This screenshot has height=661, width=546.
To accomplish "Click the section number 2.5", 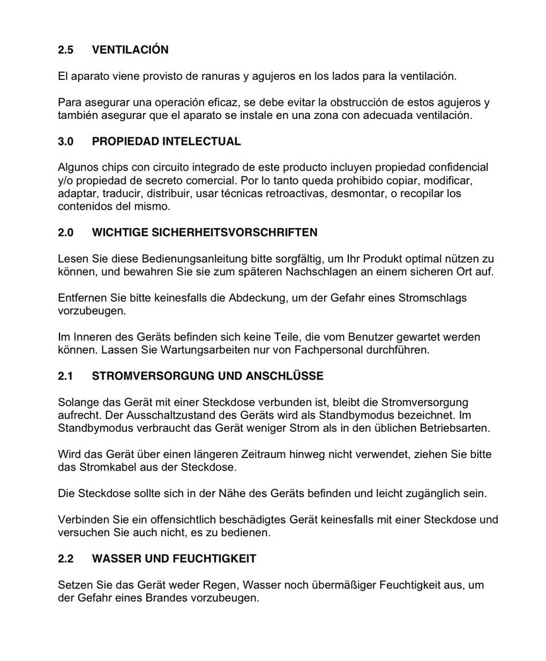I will click(x=65, y=50).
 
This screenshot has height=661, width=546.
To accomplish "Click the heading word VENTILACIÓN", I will click(x=130, y=50).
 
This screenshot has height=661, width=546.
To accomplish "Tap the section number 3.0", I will click(x=65, y=141).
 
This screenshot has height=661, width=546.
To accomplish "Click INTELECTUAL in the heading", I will click(x=202, y=141).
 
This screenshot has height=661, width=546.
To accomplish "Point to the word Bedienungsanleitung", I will click(x=177, y=258).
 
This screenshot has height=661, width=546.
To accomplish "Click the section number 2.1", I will click(x=65, y=376).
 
